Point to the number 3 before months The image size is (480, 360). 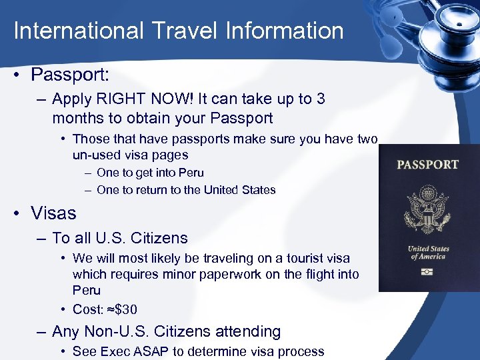point(321,99)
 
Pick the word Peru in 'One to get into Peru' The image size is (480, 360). point(190,173)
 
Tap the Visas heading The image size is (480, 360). point(53,213)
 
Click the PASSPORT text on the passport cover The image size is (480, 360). point(427,165)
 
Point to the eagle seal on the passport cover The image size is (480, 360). point(427,209)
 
